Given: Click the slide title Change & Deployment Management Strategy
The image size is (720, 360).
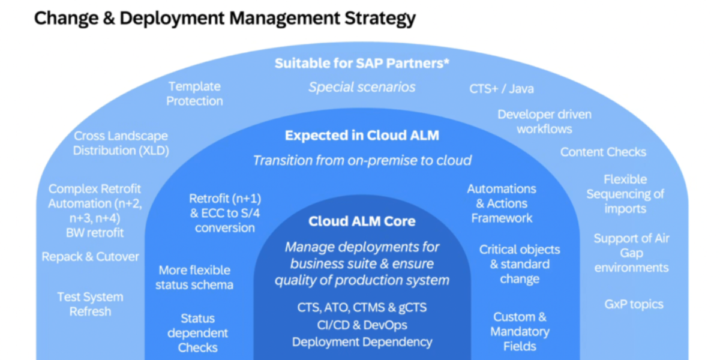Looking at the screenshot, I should (x=224, y=18).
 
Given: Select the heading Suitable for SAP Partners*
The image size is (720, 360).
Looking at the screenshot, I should (x=362, y=63).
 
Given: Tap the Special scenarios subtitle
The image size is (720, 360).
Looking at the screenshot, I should (x=362, y=87).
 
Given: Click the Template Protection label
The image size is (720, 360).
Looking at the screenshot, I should (x=194, y=94).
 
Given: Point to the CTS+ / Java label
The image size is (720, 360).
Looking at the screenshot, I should (x=502, y=89).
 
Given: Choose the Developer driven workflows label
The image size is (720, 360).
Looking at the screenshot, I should (x=544, y=121).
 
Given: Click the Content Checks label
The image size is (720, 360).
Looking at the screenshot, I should (x=603, y=152).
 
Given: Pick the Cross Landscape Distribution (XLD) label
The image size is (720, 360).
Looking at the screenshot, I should (x=121, y=143).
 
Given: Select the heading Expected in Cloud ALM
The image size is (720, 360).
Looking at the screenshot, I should (x=362, y=136).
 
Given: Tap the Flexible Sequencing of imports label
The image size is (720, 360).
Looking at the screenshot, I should (x=625, y=194).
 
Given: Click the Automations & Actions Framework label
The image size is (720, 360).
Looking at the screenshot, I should (x=502, y=203).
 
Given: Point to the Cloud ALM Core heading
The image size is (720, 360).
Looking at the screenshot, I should (x=362, y=221).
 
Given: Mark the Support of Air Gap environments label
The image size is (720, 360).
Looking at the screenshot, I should (x=631, y=253).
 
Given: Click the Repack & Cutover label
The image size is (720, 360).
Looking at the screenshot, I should (x=90, y=257).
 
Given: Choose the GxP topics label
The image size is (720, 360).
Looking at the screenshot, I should (x=634, y=304).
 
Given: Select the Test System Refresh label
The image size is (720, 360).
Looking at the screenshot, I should (x=90, y=304).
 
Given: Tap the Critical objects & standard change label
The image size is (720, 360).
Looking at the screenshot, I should (x=519, y=264).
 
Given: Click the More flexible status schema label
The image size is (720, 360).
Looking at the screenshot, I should (x=194, y=277).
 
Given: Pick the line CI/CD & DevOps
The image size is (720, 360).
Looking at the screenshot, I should (x=362, y=325).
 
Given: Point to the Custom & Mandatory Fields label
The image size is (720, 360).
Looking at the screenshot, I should (x=520, y=331).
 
